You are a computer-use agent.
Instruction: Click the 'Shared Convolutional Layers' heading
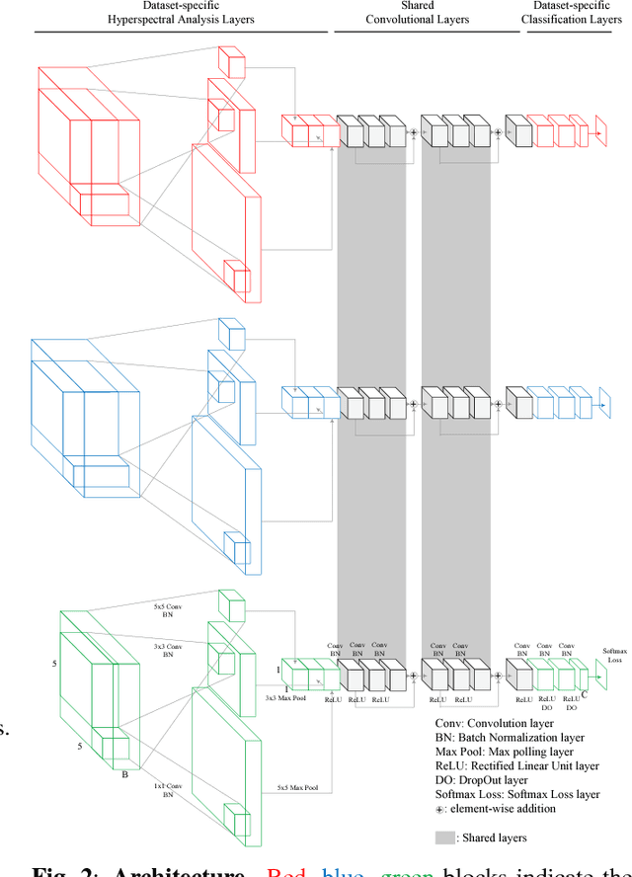(x=417, y=13)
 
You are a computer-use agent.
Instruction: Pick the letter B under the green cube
(x=124, y=775)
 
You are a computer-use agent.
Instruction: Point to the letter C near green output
(x=583, y=694)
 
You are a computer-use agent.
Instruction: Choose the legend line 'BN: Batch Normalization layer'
(x=510, y=737)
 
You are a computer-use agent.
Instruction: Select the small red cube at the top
(x=230, y=62)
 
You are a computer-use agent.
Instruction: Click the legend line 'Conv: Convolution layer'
(x=496, y=722)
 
